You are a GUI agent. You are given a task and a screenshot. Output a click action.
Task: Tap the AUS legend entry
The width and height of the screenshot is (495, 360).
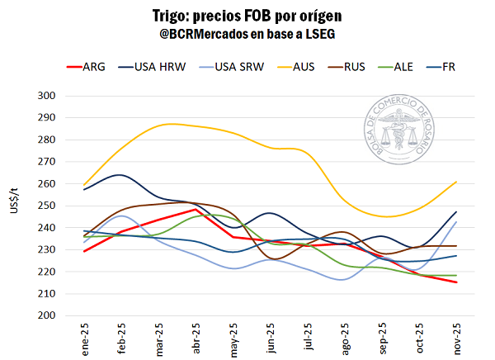coord(303,66)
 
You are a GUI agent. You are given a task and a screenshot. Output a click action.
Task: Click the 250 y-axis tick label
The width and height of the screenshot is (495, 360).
coord(45,206)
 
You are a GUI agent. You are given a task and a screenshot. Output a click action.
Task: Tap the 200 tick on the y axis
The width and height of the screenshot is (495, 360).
coord(45,315)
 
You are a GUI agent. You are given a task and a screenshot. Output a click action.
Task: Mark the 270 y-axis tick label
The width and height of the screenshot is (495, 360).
coord(45,162)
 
